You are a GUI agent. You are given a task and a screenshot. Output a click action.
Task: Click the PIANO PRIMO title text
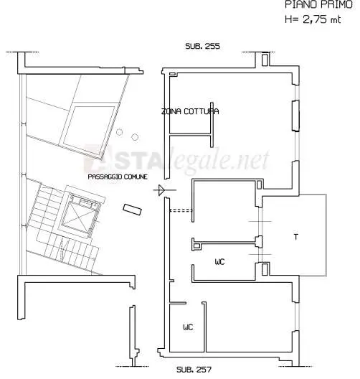(318, 4)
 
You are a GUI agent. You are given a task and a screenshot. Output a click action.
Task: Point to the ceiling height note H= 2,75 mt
(313, 19)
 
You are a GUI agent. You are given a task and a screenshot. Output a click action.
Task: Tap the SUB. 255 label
(202, 46)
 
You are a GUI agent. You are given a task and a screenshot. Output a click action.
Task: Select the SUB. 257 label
(194, 370)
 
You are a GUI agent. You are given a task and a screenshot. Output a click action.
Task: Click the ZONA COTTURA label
(190, 111)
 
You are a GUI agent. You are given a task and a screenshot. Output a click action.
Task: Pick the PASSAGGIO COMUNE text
(118, 177)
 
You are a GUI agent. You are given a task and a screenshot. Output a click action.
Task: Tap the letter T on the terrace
(296, 237)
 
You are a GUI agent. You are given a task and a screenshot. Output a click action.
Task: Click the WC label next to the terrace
(219, 262)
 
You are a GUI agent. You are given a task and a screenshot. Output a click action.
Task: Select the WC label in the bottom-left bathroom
(188, 327)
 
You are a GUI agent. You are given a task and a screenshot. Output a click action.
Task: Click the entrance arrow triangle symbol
(161, 190)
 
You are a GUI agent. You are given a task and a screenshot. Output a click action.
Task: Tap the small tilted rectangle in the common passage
(132, 210)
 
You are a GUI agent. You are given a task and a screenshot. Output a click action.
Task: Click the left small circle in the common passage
(119, 132)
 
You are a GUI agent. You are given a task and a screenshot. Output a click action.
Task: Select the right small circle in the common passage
(135, 137)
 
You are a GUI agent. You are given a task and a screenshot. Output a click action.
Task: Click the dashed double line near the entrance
(181, 210)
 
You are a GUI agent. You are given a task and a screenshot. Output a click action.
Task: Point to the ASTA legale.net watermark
(176, 159)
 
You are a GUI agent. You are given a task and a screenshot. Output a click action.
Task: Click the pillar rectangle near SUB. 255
(265, 59)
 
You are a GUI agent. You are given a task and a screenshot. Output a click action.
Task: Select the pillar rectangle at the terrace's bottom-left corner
(265, 269)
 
